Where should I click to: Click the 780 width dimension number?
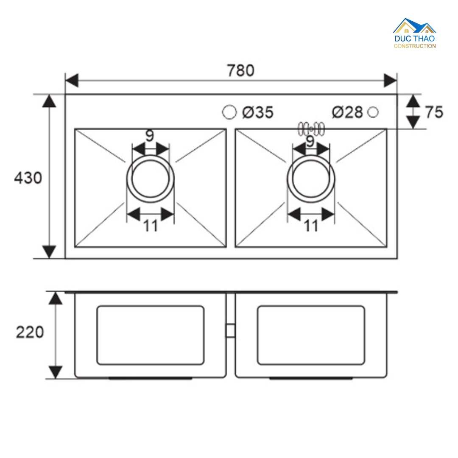pos(241,70)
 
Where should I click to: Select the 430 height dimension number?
pos(28,178)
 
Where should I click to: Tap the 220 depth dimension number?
pos(30,332)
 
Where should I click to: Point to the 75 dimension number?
pos(434,112)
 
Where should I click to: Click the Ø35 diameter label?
pos(258,112)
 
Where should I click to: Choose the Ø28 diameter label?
pos(348,112)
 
